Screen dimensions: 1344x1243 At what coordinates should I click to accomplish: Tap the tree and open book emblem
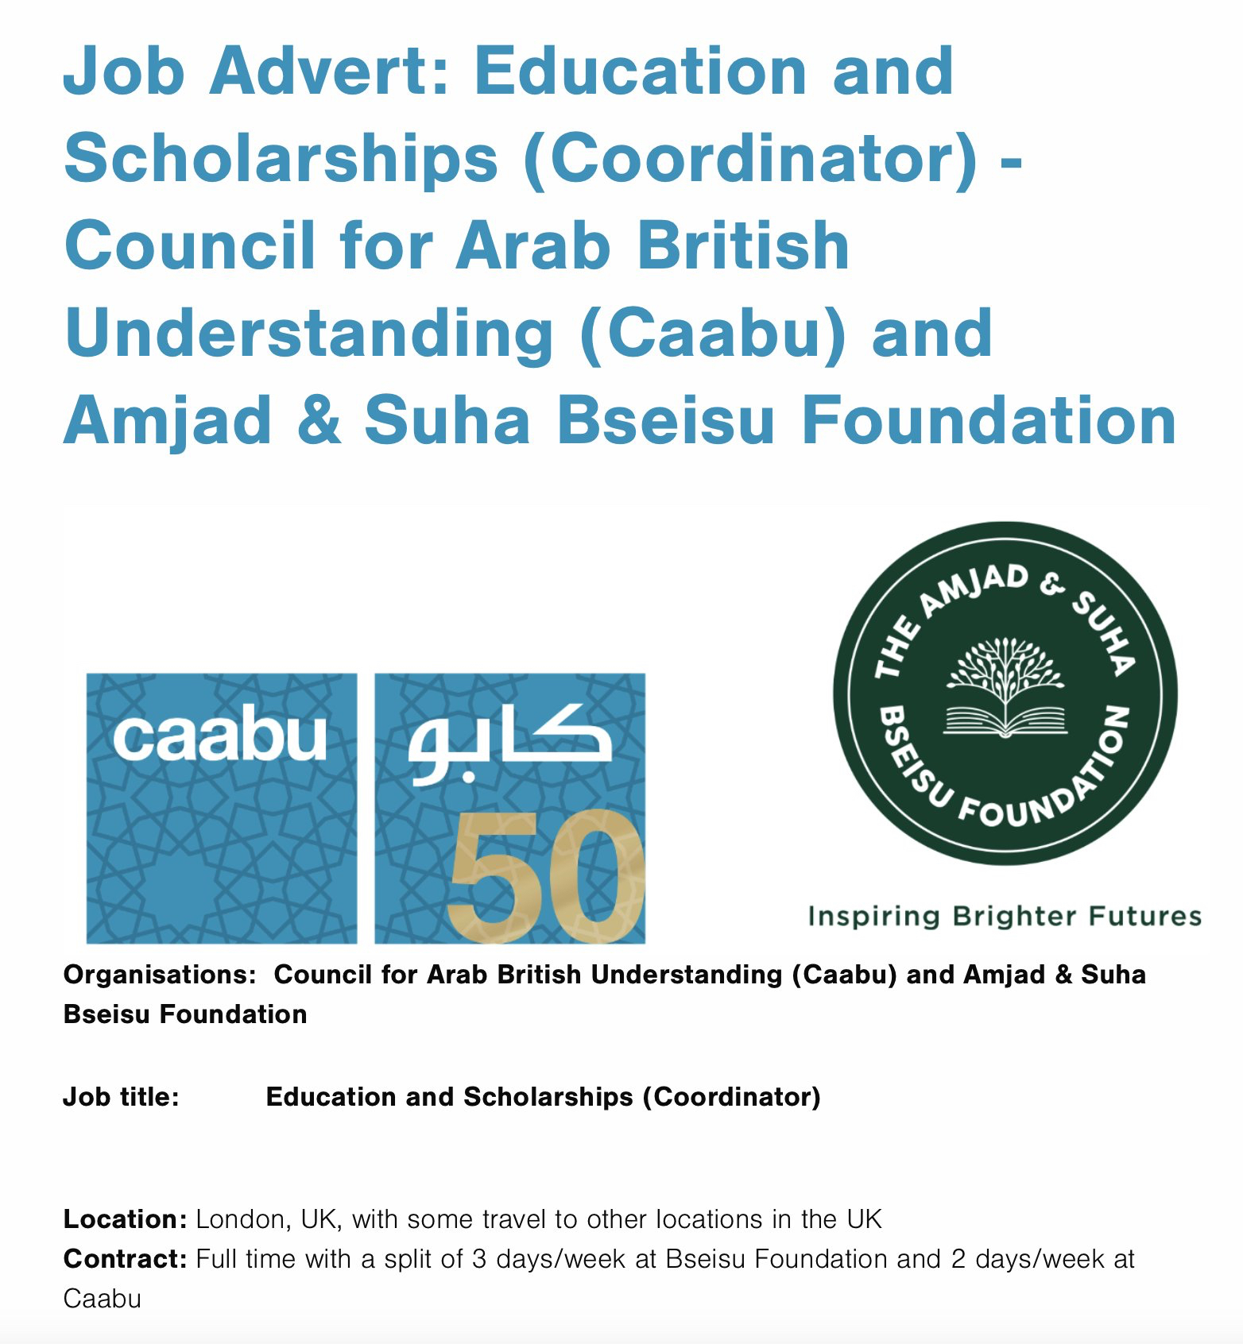(x=1005, y=687)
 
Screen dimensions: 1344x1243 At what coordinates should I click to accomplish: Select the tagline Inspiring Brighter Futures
(x=1005, y=916)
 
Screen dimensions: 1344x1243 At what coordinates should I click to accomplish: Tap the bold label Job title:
(x=121, y=1096)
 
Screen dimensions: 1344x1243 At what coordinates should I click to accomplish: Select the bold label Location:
(x=125, y=1218)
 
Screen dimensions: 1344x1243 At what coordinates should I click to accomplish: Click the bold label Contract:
(x=125, y=1258)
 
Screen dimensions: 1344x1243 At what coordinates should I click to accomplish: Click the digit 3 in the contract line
(x=478, y=1258)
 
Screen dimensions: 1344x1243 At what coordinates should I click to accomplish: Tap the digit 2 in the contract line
(x=958, y=1258)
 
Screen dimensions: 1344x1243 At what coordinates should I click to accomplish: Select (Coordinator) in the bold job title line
(x=731, y=1096)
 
